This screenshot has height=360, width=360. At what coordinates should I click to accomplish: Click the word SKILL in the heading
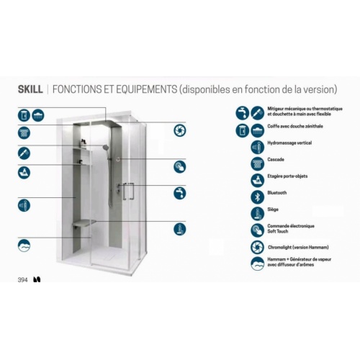click(30, 89)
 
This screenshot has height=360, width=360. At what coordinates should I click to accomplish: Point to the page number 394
click(22, 280)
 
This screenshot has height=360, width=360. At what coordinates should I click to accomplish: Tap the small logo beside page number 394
click(37, 279)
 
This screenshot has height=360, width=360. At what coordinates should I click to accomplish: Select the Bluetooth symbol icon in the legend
click(257, 197)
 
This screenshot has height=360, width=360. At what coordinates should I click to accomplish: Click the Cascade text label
click(276, 160)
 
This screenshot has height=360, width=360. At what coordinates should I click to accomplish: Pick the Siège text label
click(273, 210)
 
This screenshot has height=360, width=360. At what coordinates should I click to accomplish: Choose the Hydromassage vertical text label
click(289, 143)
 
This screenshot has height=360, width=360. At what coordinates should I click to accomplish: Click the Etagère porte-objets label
click(287, 176)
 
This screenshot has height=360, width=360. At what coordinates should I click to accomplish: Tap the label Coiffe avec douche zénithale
click(295, 126)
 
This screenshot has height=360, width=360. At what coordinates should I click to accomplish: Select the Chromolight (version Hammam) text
click(298, 247)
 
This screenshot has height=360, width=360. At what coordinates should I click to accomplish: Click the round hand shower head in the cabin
click(105, 147)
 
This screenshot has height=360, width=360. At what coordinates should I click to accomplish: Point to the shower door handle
click(128, 192)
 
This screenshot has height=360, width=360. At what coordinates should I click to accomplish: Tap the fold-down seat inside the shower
click(84, 222)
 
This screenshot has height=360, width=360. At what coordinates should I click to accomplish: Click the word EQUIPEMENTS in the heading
click(147, 89)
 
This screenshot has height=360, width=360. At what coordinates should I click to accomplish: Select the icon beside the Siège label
click(257, 214)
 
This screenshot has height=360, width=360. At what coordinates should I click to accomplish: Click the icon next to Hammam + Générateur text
click(257, 264)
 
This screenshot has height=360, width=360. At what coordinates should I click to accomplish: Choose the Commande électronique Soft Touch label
click(291, 229)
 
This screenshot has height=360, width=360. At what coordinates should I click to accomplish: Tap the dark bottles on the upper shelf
click(83, 143)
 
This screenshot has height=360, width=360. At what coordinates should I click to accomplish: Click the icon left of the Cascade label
click(257, 163)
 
